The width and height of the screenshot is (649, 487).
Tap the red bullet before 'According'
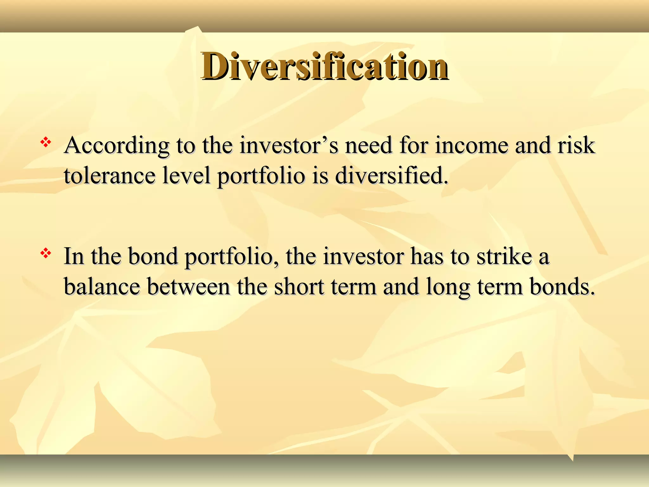click(x=46, y=142)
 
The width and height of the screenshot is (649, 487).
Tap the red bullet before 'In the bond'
click(x=46, y=253)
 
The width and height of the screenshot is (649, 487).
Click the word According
click(x=116, y=146)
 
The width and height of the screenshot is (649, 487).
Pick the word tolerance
click(x=110, y=175)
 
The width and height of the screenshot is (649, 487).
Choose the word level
click(x=186, y=175)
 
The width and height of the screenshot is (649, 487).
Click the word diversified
click(x=392, y=175)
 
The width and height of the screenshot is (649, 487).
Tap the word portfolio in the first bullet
click(x=261, y=176)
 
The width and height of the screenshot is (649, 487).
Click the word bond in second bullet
click(x=153, y=256)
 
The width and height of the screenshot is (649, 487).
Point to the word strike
click(x=504, y=256)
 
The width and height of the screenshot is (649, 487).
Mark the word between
click(x=189, y=287)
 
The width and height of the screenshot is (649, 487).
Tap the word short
click(x=299, y=287)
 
